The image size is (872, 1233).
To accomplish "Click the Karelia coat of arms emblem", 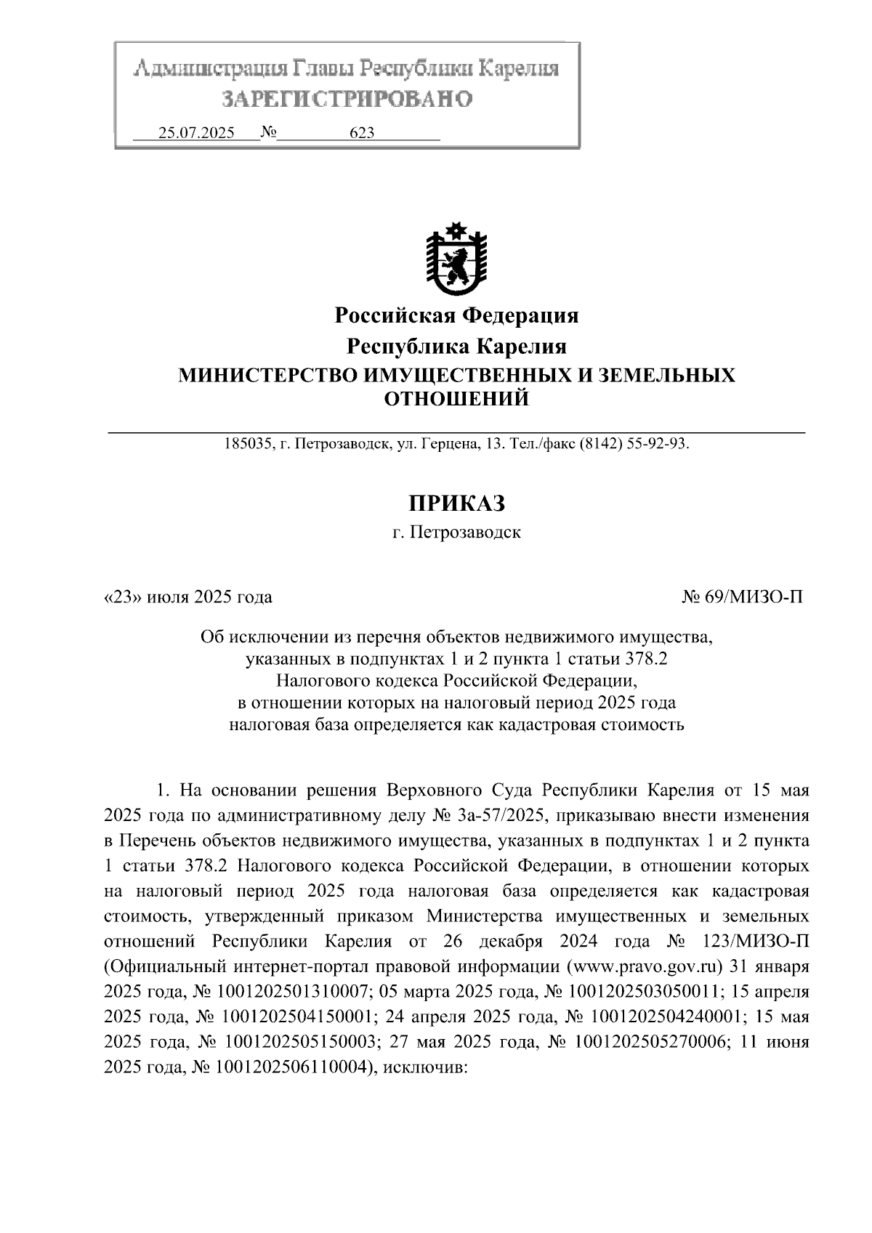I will (x=456, y=259).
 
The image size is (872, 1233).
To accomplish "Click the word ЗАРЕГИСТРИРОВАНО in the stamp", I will (x=347, y=98).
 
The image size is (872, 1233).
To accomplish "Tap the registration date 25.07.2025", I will (x=196, y=133).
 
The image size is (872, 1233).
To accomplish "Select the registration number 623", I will (x=362, y=133).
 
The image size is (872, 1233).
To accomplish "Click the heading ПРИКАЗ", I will (x=456, y=503).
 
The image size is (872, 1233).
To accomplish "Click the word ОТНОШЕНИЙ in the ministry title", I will (x=456, y=399).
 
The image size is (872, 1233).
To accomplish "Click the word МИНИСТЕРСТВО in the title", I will (x=265, y=375).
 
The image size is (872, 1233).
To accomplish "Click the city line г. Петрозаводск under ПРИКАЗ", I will (x=456, y=533).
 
